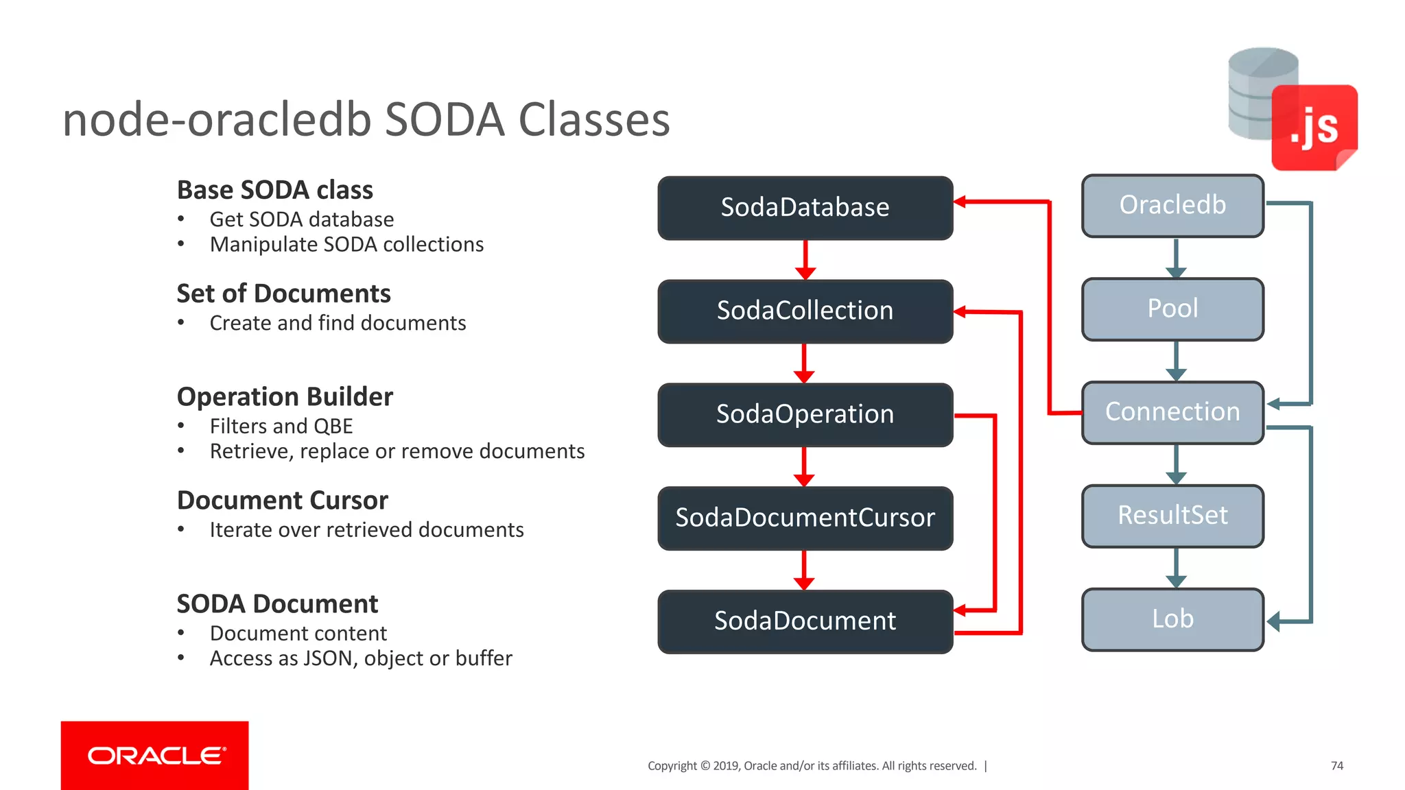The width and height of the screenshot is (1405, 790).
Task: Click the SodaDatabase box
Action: tap(805, 208)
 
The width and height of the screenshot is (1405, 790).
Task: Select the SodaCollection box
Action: tap(805, 311)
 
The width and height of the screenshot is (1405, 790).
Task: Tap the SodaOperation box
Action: tap(805, 415)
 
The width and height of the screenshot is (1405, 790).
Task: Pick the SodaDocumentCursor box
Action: tap(805, 518)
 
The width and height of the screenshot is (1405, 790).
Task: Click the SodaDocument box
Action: tap(805, 621)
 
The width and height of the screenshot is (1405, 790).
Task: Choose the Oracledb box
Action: tap(1172, 206)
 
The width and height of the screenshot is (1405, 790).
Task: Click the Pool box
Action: tap(1172, 309)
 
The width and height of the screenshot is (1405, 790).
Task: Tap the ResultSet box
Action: tap(1172, 516)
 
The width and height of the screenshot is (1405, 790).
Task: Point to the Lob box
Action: tap(1172, 619)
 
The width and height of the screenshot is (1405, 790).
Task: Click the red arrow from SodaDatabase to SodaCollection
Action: tap(805, 260)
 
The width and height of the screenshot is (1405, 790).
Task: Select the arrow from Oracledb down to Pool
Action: tap(1176, 258)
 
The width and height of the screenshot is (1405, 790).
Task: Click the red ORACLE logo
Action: tap(155, 755)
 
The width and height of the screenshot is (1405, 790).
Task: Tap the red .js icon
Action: tap(1314, 128)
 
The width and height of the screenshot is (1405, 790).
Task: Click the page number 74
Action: tap(1336, 765)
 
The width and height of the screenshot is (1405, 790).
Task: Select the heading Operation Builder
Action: tap(285, 397)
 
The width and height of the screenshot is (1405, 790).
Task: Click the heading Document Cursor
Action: tap(282, 501)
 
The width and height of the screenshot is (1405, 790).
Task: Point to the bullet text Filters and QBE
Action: tap(281, 427)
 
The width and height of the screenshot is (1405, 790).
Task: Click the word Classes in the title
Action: tap(594, 120)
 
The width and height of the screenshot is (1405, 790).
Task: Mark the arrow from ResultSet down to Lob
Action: tap(1176, 568)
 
